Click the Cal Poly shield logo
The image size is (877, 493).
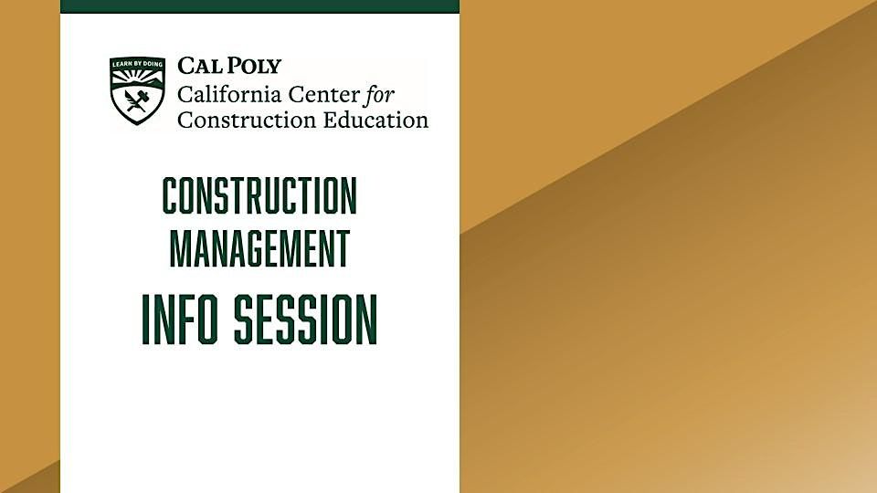(x=137, y=90)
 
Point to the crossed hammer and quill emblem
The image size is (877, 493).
(x=137, y=101)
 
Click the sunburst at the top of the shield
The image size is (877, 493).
(x=137, y=75)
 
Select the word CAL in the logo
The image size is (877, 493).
(x=197, y=66)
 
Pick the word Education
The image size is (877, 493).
(x=370, y=120)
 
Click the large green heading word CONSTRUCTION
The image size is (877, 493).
(x=259, y=196)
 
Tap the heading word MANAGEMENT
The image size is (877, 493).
(x=259, y=248)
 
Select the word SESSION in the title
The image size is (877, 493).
(x=305, y=320)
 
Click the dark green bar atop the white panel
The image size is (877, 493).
(x=259, y=6)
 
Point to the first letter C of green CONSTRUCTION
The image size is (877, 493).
(x=171, y=196)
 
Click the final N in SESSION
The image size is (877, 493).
(x=366, y=320)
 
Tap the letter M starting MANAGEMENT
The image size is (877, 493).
(x=180, y=248)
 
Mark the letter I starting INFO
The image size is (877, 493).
(x=146, y=320)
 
